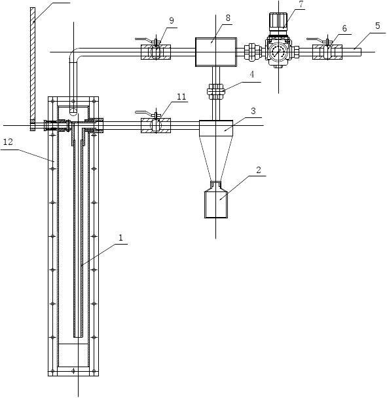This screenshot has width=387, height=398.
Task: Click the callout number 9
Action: [x=172, y=20]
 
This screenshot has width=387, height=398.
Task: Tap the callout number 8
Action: [x=228, y=18]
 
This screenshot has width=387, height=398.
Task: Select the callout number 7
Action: [x=301, y=4]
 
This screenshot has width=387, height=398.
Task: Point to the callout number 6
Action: [x=344, y=28]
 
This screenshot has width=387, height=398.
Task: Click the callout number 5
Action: [x=378, y=26]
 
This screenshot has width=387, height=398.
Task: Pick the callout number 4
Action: [x=251, y=74]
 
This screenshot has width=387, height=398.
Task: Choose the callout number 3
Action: [x=253, y=111]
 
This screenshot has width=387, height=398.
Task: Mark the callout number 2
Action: [x=258, y=170]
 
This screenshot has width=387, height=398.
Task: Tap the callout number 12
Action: [x=8, y=142]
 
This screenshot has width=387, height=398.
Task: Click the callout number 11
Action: [x=181, y=96]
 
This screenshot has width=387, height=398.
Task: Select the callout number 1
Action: [x=120, y=238]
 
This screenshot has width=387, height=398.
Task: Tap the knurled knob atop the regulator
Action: [x=278, y=20]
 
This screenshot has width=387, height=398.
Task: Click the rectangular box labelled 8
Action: [x=216, y=52]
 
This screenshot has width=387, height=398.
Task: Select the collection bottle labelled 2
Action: [x=216, y=199]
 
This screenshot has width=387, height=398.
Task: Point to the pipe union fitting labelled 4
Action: [x=216, y=91]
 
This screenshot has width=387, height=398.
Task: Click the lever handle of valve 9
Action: [x=146, y=39]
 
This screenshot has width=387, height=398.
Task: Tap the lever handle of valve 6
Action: [x=318, y=39]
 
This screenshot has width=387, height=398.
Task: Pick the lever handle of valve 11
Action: [x=146, y=113]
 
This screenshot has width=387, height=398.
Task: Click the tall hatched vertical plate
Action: [x=33, y=69]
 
